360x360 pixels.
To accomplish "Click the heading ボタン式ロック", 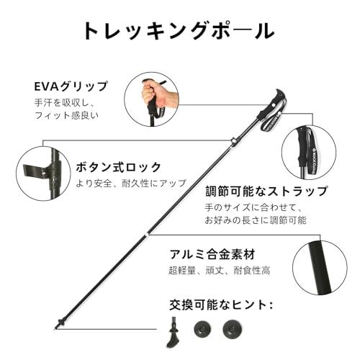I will point(119,167).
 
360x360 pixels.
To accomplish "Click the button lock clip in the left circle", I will point(40,172).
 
